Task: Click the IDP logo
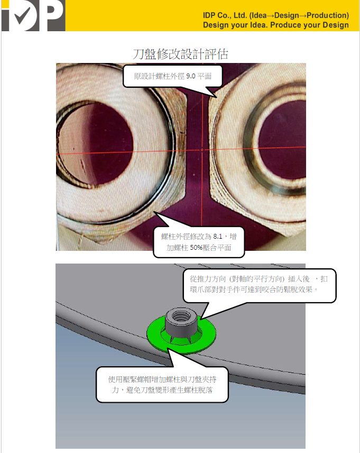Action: pyautogui.click(x=33, y=15)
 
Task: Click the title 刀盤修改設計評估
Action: pyautogui.click(x=180, y=54)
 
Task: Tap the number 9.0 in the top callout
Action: pyautogui.click(x=190, y=76)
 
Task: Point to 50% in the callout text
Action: pyautogui.click(x=196, y=248)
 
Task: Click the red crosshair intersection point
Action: pyautogui.click(x=202, y=150)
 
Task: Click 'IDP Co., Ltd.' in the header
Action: pyautogui.click(x=225, y=15)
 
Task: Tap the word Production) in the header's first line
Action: pyautogui.click(x=328, y=15)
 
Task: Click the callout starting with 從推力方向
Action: pyautogui.click(x=259, y=284)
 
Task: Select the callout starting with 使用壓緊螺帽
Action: pyautogui.click(x=162, y=385)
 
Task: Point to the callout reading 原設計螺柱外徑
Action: pyautogui.click(x=173, y=76)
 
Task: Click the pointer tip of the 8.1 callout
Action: pyautogui.click(x=154, y=212)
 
